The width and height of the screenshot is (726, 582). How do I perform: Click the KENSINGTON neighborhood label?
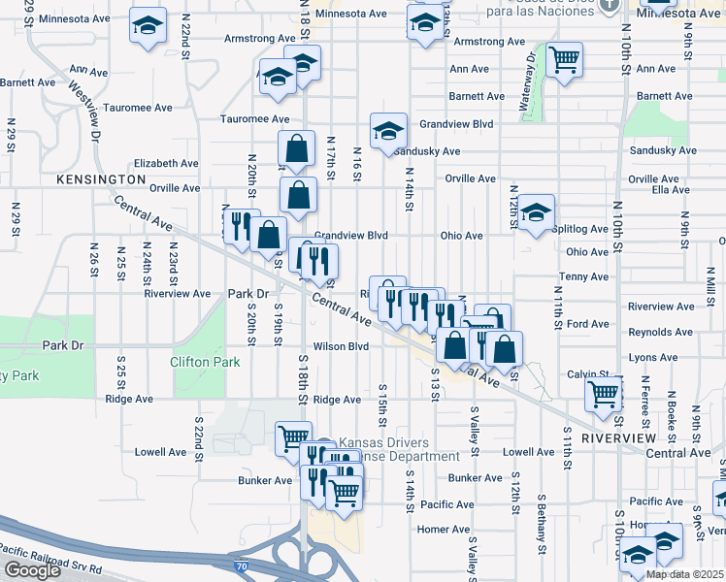pyautogui.click(x=101, y=180)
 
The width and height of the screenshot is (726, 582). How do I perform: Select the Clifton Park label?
pyautogui.click(x=204, y=362)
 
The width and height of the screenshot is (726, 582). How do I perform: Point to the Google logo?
pyautogui.click(x=32, y=570)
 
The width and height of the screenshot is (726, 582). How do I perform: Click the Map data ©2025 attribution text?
pyautogui.click(x=685, y=574)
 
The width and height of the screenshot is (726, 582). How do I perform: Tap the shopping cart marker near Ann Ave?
pyautogui.click(x=563, y=61)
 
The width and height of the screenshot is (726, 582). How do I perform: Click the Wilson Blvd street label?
pyautogui.click(x=341, y=346)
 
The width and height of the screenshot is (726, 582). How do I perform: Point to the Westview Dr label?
pyautogui.click(x=83, y=107)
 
